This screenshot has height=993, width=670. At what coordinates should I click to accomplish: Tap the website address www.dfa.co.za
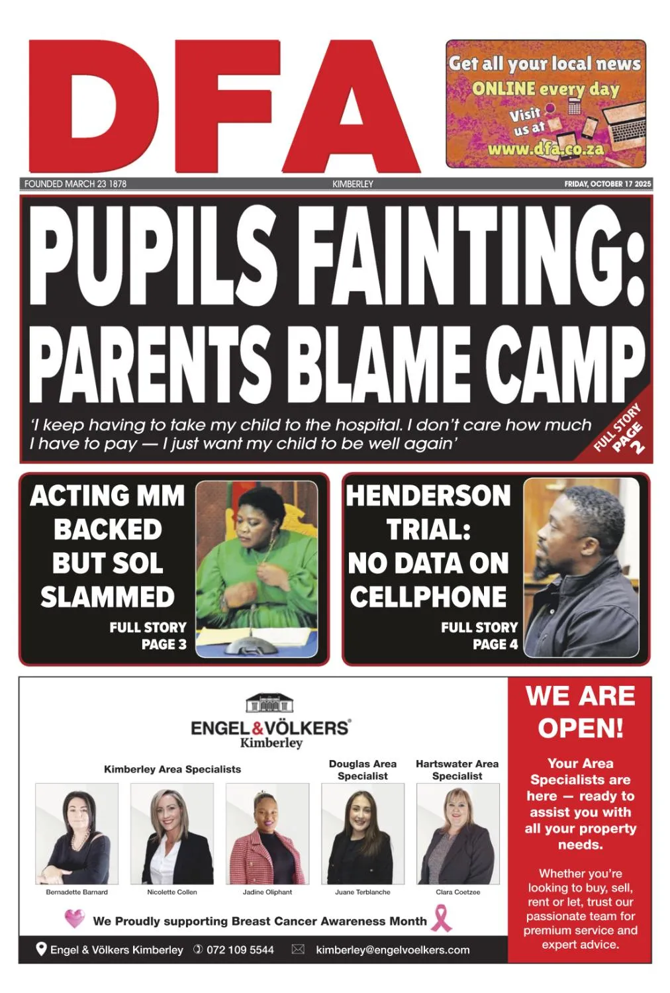pos(546,149)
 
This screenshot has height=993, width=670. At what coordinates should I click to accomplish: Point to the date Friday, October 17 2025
pos(607,184)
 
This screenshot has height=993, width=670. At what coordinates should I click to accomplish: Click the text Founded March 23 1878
pos(75,184)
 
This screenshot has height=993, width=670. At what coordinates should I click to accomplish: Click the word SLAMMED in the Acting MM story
pos(107,597)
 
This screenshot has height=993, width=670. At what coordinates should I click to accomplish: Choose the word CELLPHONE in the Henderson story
pos(428,597)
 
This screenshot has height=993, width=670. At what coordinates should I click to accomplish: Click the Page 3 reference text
pos(164,644)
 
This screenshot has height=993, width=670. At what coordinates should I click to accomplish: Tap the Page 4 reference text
pos(495,644)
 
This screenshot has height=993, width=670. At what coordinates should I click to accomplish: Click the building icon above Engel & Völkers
pos(270,703)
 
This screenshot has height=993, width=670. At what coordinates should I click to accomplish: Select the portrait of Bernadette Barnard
pos(77,834)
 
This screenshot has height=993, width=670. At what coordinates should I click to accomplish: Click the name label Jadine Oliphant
pos(267,892)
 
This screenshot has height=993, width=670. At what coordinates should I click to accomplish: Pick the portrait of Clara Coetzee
pos(457,834)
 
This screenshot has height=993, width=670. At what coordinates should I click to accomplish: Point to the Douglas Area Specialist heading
pos(363,770)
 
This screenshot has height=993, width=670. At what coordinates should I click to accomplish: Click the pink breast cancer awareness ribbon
pos(442,918)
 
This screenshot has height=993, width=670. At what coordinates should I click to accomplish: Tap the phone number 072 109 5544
pos(240,950)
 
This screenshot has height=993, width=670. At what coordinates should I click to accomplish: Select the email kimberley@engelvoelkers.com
pos(393,950)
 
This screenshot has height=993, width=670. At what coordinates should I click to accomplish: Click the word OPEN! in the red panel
pos(580,728)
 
